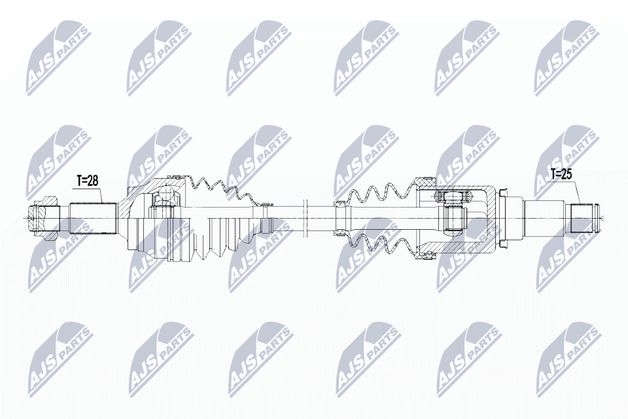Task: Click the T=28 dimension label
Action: [87, 181]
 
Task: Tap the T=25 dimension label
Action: [561, 173]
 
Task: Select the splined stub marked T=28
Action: [94, 219]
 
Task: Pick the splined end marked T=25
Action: [582, 218]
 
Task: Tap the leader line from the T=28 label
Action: [101, 195]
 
